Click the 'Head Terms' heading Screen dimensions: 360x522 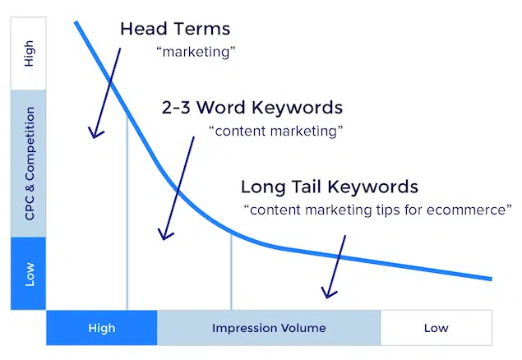pyautogui.click(x=175, y=29)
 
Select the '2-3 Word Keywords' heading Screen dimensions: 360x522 pyautogui.click(x=252, y=107)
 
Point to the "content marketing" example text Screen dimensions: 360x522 pyautogui.click(x=276, y=131)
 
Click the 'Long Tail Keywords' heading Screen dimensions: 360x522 pyautogui.click(x=329, y=186)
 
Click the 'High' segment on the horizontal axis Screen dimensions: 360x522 pyautogui.click(x=101, y=328)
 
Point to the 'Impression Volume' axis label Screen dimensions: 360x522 pyautogui.click(x=269, y=328)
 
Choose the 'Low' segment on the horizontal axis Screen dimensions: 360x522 pyautogui.click(x=436, y=328)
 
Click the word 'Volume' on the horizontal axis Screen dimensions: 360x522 pyautogui.click(x=303, y=328)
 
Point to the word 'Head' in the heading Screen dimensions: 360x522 pyautogui.click(x=141, y=29)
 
